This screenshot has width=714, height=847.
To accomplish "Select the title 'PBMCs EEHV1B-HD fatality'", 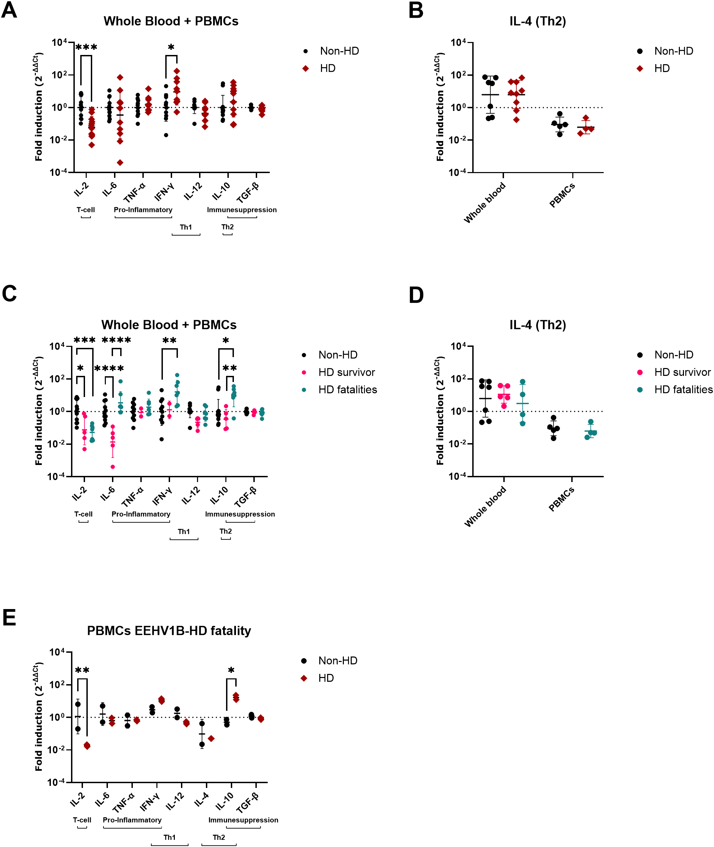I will pyautogui.click(x=169, y=631).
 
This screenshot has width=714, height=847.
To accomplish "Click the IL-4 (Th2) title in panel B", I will pyautogui.click(x=537, y=21).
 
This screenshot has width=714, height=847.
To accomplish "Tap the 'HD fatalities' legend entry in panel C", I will pyautogui.click(x=347, y=390).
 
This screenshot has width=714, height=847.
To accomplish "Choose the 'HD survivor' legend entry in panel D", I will pyautogui.click(x=682, y=372).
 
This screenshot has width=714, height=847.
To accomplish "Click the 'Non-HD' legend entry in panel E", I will pyautogui.click(x=338, y=661).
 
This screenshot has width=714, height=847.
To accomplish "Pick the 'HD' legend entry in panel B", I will pyautogui.click(x=662, y=68).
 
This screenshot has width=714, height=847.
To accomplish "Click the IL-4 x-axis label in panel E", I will pyautogui.click(x=201, y=800).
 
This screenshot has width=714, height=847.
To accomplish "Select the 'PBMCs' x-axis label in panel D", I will pyautogui.click(x=562, y=499).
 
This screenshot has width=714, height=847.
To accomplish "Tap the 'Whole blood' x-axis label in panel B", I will pyautogui.click(x=485, y=202).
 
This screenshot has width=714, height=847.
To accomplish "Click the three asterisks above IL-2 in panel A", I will pyautogui.click(x=86, y=48).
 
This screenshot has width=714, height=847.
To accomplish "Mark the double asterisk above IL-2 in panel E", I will pyautogui.click(x=82, y=671).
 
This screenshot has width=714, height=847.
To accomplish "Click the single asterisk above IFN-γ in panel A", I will pyautogui.click(x=171, y=48).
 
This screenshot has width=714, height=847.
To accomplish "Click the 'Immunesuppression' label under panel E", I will pyautogui.click(x=243, y=820).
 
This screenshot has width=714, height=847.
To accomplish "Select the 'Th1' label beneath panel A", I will pyautogui.click(x=186, y=227).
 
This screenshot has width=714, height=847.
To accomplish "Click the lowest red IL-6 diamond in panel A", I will pyautogui.click(x=120, y=163).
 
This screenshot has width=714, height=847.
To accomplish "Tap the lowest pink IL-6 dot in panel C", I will pyautogui.click(x=113, y=467).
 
